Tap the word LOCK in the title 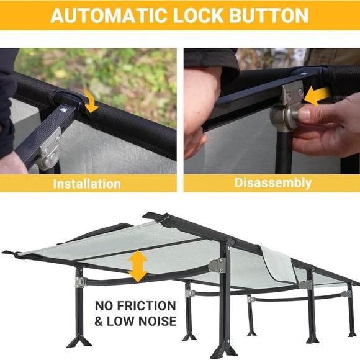pyautogui.click(x=199, y=16)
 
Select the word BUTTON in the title pyautogui.click(x=269, y=16)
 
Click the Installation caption pyautogui.click(x=87, y=184)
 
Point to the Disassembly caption pyautogui.click(x=273, y=183)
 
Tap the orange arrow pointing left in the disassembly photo pyautogui.click(x=318, y=96)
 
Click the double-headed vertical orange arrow pyautogui.click(x=138, y=266)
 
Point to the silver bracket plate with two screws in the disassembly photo pyautogui.click(x=292, y=92)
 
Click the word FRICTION pyautogui.click(x=146, y=306)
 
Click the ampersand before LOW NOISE pyautogui.click(x=99, y=321)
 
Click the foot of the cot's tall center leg pyautogui.click(x=224, y=349)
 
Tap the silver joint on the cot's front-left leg pyautogui.click(x=81, y=282)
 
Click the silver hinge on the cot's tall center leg pyautogui.click(x=217, y=266)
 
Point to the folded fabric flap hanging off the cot pyautogui.click(x=278, y=264)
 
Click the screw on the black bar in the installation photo pyautogui.click(x=63, y=110)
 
